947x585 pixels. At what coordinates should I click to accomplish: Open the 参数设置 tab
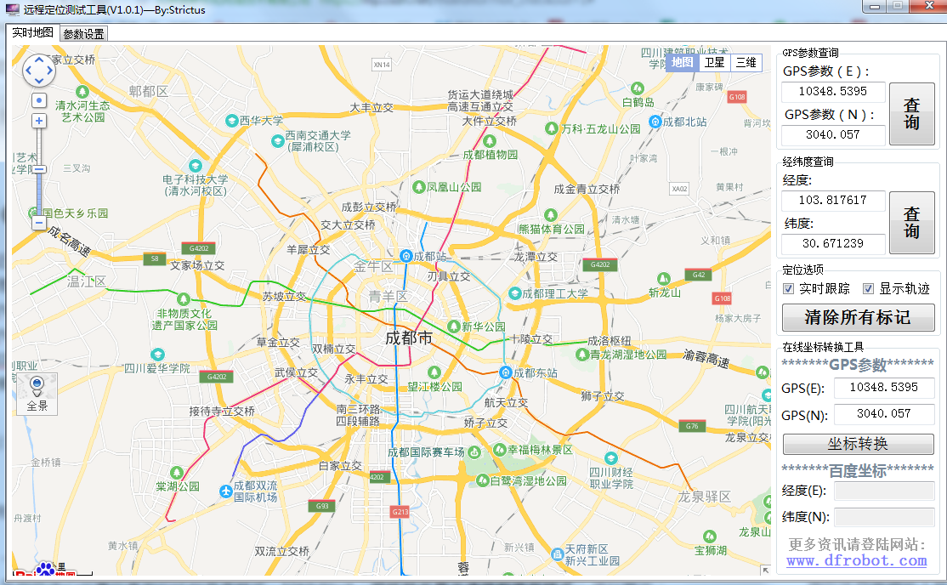coord(83,34)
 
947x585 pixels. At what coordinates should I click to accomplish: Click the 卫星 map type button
coord(714,62)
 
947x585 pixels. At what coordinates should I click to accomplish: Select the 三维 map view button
coord(746,62)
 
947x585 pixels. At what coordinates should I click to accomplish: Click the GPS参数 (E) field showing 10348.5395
coord(833,92)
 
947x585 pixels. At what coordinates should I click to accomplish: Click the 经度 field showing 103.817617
coord(833,201)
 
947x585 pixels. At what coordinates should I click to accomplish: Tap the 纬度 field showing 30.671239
coord(833,244)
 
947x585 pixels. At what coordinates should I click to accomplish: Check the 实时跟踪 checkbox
coord(789,289)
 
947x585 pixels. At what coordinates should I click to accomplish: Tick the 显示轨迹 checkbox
coord(869,289)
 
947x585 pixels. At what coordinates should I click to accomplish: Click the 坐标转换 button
coord(858,444)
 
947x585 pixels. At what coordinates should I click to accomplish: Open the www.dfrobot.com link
coord(856,560)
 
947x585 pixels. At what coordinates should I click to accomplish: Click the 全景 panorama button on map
coord(37,394)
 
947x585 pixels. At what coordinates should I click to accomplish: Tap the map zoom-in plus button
coord(39,121)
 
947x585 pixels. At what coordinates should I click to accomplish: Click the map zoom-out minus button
coord(39,223)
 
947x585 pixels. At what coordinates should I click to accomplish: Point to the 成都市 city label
coord(408,338)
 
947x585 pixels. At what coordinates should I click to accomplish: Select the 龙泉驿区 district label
coord(706,496)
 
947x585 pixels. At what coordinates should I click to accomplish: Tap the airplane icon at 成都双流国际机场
coord(225,491)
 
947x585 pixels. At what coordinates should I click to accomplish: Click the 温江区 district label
coord(86,281)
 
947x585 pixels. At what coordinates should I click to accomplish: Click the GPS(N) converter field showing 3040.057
coord(883,414)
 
